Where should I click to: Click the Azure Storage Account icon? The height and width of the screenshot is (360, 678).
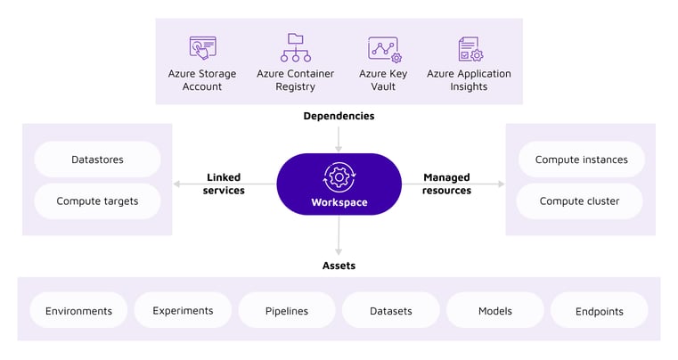202,47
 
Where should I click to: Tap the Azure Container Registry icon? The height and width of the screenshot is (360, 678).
295,47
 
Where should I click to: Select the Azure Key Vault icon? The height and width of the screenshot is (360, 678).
383,47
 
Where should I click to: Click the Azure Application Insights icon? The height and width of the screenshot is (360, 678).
470,48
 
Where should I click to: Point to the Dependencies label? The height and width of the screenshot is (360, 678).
339,116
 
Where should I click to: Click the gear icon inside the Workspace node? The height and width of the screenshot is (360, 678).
339,176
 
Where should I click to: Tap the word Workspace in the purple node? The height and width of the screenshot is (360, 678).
339,202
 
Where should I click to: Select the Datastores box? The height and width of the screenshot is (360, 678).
97,160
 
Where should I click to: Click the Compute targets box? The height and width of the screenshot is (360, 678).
97,201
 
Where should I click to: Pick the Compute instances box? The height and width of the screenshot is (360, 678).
581,160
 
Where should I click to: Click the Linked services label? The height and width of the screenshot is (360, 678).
224,184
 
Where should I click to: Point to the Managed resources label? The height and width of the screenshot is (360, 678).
446,184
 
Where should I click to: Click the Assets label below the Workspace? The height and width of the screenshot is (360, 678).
339,265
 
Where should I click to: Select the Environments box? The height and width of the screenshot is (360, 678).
79,311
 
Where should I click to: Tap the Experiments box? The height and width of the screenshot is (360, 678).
183,310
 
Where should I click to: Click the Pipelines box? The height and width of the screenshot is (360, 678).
287,311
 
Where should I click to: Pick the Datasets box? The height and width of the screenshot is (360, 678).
391,311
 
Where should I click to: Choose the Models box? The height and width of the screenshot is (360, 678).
494,311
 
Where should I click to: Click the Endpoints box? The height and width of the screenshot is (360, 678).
599,311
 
